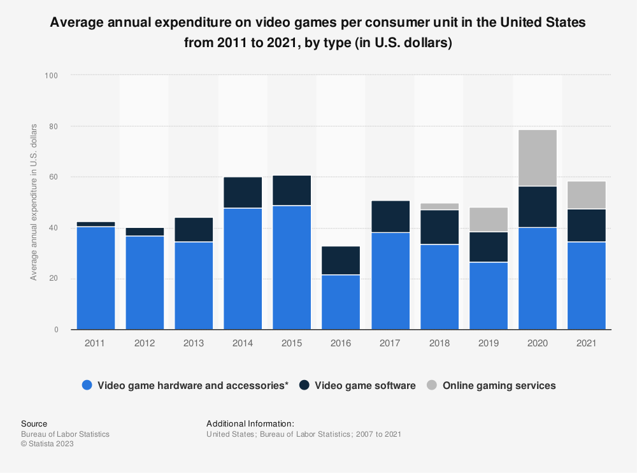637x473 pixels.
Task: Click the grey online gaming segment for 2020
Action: pyautogui.click(x=538, y=158)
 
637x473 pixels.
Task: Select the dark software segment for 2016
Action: pyautogui.click(x=341, y=260)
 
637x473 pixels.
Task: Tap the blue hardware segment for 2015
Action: pyautogui.click(x=292, y=267)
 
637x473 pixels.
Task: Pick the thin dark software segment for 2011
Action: pyautogui.click(x=96, y=224)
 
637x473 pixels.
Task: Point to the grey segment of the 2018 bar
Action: pyautogui.click(x=440, y=206)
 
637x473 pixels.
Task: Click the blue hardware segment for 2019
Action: pyautogui.click(x=489, y=296)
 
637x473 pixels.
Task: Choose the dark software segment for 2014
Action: pyautogui.click(x=243, y=192)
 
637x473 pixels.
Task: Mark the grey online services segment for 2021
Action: pyautogui.click(x=587, y=195)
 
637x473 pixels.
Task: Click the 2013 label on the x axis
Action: pyautogui.click(x=194, y=343)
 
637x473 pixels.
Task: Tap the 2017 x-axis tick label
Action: pyautogui.click(x=390, y=343)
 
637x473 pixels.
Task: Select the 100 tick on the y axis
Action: pyautogui.click(x=51, y=75)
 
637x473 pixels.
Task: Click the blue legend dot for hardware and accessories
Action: pyautogui.click(x=87, y=385)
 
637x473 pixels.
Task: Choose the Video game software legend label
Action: pyautogui.click(x=365, y=385)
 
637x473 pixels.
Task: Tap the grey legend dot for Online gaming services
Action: pyautogui.click(x=432, y=385)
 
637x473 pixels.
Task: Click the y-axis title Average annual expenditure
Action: pyautogui.click(x=34, y=202)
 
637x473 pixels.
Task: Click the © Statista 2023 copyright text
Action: pyautogui.click(x=47, y=444)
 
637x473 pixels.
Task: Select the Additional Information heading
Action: pyautogui.click(x=250, y=423)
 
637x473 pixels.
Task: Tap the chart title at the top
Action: pyautogui.click(x=318, y=33)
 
